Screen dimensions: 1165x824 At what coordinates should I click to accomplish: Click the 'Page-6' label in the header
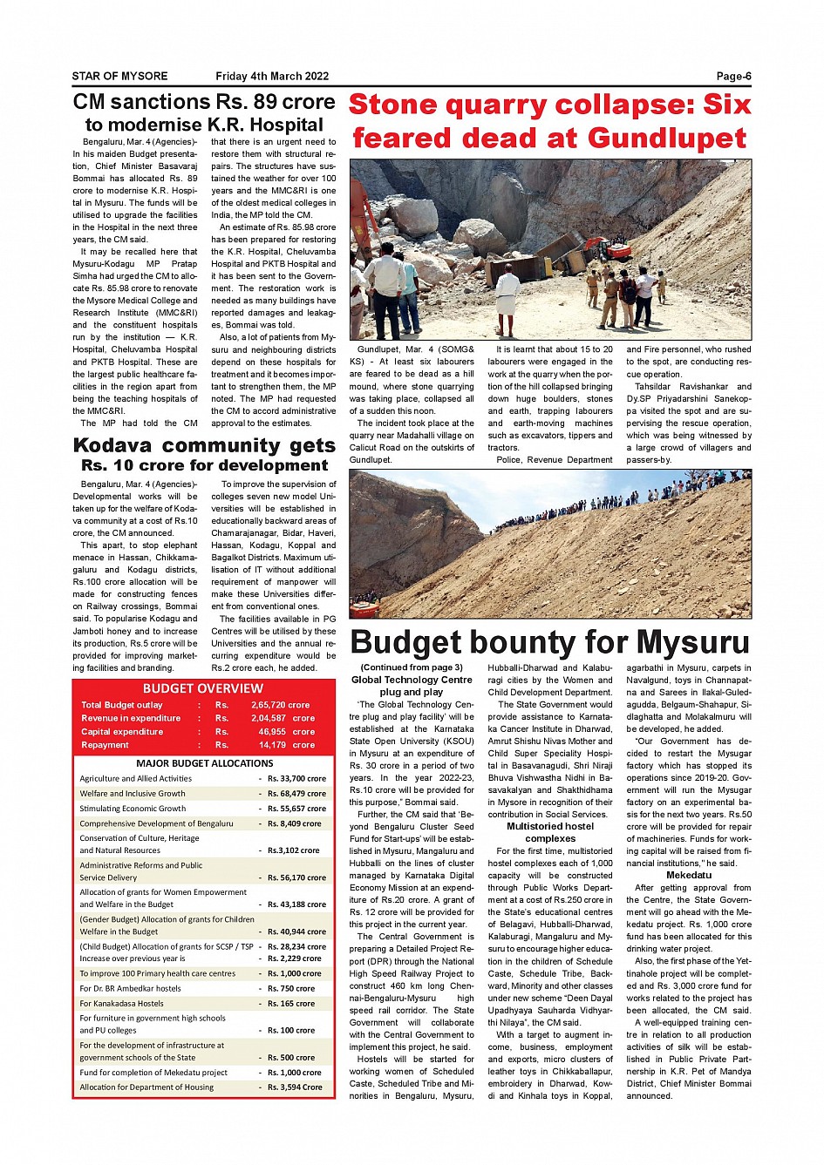point(733,76)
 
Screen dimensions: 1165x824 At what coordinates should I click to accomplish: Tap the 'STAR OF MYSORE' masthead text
point(119,76)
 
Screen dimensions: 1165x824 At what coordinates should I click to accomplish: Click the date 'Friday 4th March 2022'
point(272,76)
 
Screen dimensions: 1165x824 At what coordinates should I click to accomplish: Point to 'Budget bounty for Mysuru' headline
point(549,642)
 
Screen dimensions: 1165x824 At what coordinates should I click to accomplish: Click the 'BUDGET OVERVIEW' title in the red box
point(203,688)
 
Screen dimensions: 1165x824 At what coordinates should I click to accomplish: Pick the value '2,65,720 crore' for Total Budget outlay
point(281,705)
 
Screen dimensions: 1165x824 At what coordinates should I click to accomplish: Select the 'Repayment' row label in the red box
point(106,745)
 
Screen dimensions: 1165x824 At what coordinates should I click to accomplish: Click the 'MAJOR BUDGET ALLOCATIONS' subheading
point(205,762)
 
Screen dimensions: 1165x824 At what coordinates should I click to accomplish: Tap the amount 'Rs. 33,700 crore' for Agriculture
point(296,779)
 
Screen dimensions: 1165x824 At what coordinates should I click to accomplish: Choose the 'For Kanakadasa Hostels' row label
point(122,1004)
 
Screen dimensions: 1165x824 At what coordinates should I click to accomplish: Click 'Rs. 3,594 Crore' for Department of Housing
point(295,1087)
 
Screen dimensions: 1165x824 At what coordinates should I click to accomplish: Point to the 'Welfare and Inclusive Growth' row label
point(133,794)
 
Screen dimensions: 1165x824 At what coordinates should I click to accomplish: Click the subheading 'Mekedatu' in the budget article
point(689,875)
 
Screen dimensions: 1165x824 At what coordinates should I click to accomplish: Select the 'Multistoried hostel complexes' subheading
point(550,832)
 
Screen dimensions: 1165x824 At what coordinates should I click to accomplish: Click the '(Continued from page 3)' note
point(412,667)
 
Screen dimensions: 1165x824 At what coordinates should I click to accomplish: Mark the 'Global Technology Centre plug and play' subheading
point(412,686)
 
